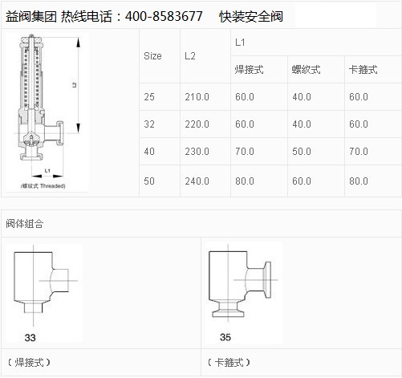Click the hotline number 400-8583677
point(164,16)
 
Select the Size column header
point(152,56)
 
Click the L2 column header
point(190,56)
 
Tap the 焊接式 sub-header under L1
point(249,70)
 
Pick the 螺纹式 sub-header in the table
point(306,70)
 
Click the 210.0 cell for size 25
point(197,97)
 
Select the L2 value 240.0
point(197,181)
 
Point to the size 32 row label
point(149,124)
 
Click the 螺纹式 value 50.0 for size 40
point(302,152)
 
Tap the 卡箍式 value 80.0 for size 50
point(359,181)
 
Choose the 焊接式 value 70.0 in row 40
point(245,152)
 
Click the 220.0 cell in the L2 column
point(197,124)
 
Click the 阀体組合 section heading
point(25,224)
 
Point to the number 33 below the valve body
point(30,338)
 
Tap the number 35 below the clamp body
point(225,337)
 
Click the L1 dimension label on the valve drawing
point(47,171)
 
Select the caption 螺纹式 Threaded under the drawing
point(43,186)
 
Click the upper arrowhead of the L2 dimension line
point(79,43)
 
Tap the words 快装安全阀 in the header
point(251,17)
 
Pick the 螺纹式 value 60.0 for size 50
point(302,181)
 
